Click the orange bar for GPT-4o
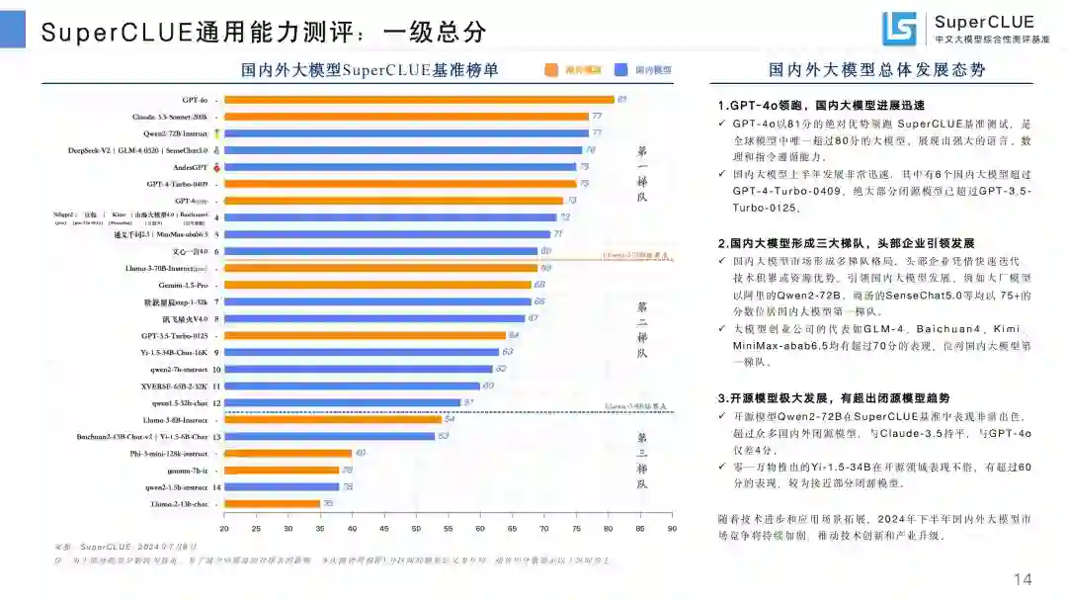[420, 100]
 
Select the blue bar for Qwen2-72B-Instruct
[407, 132]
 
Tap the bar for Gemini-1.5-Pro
[378, 285]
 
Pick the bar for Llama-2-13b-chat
[272, 504]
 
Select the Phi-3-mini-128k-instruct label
[170, 454]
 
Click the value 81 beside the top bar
[622, 99]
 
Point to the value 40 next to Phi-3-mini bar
[360, 453]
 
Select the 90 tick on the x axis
[672, 528]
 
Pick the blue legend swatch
[621, 70]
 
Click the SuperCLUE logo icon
[900, 29]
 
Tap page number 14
[1024, 578]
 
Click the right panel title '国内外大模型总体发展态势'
[876, 70]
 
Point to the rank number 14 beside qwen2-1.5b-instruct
[216, 487]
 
